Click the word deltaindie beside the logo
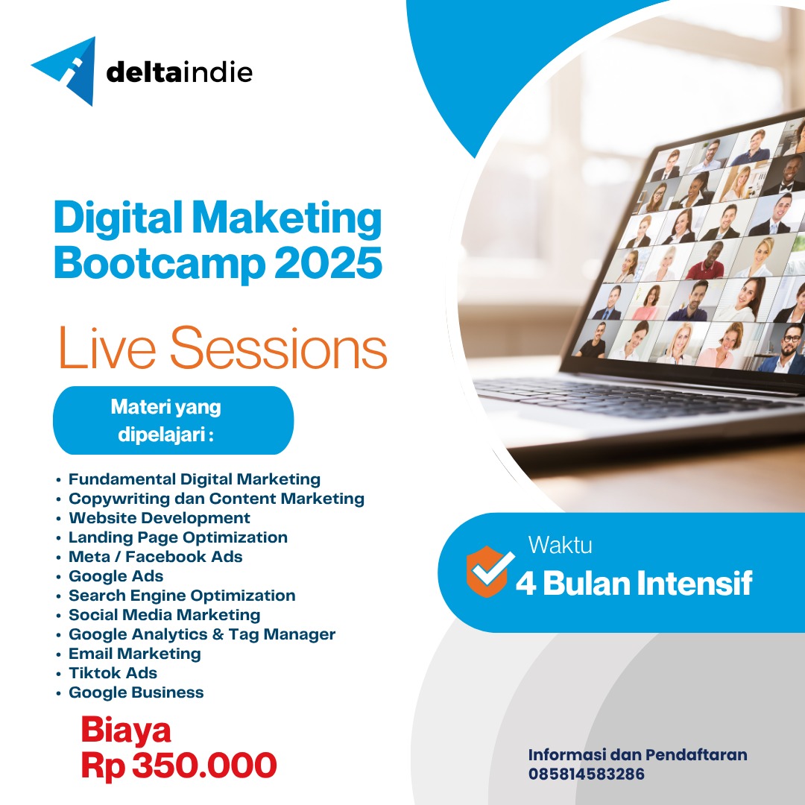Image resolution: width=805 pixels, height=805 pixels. (x=180, y=72)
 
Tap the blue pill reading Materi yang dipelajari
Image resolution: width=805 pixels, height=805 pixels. (x=173, y=420)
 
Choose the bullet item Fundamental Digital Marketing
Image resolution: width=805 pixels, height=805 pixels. (x=194, y=479)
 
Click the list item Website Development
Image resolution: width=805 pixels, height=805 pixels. (x=160, y=518)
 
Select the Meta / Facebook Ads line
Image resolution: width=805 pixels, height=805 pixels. (x=155, y=557)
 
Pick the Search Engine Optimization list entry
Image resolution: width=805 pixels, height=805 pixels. (x=182, y=596)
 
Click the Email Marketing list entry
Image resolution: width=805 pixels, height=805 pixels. (x=134, y=654)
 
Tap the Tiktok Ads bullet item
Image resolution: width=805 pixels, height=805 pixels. (x=113, y=673)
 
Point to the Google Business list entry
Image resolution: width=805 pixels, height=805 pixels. (x=136, y=692)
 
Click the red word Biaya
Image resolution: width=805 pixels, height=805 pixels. (x=126, y=730)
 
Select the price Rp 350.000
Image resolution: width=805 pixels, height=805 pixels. (x=179, y=765)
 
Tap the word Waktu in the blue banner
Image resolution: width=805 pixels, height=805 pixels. (x=560, y=546)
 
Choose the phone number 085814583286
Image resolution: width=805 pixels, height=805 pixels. (x=587, y=774)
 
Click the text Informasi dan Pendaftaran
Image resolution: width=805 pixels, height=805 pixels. (x=637, y=755)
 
